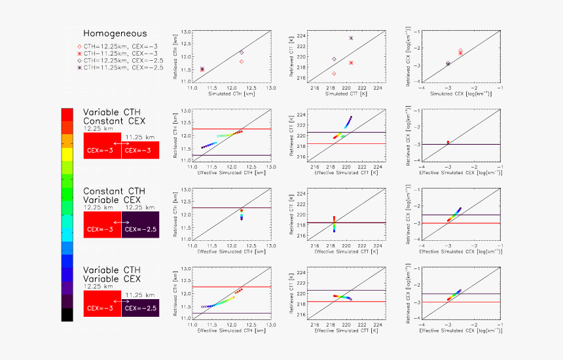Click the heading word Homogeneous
(x=115, y=33)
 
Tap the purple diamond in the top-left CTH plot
(x=242, y=52)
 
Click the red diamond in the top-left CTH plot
(x=242, y=62)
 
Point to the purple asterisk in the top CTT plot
(x=351, y=38)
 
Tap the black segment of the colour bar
(x=67, y=314)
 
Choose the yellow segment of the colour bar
(x=67, y=154)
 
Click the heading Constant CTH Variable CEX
(x=113, y=194)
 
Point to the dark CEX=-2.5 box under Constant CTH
(x=140, y=223)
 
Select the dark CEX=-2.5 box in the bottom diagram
(x=140, y=308)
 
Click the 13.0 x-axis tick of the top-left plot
(x=270, y=88)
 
